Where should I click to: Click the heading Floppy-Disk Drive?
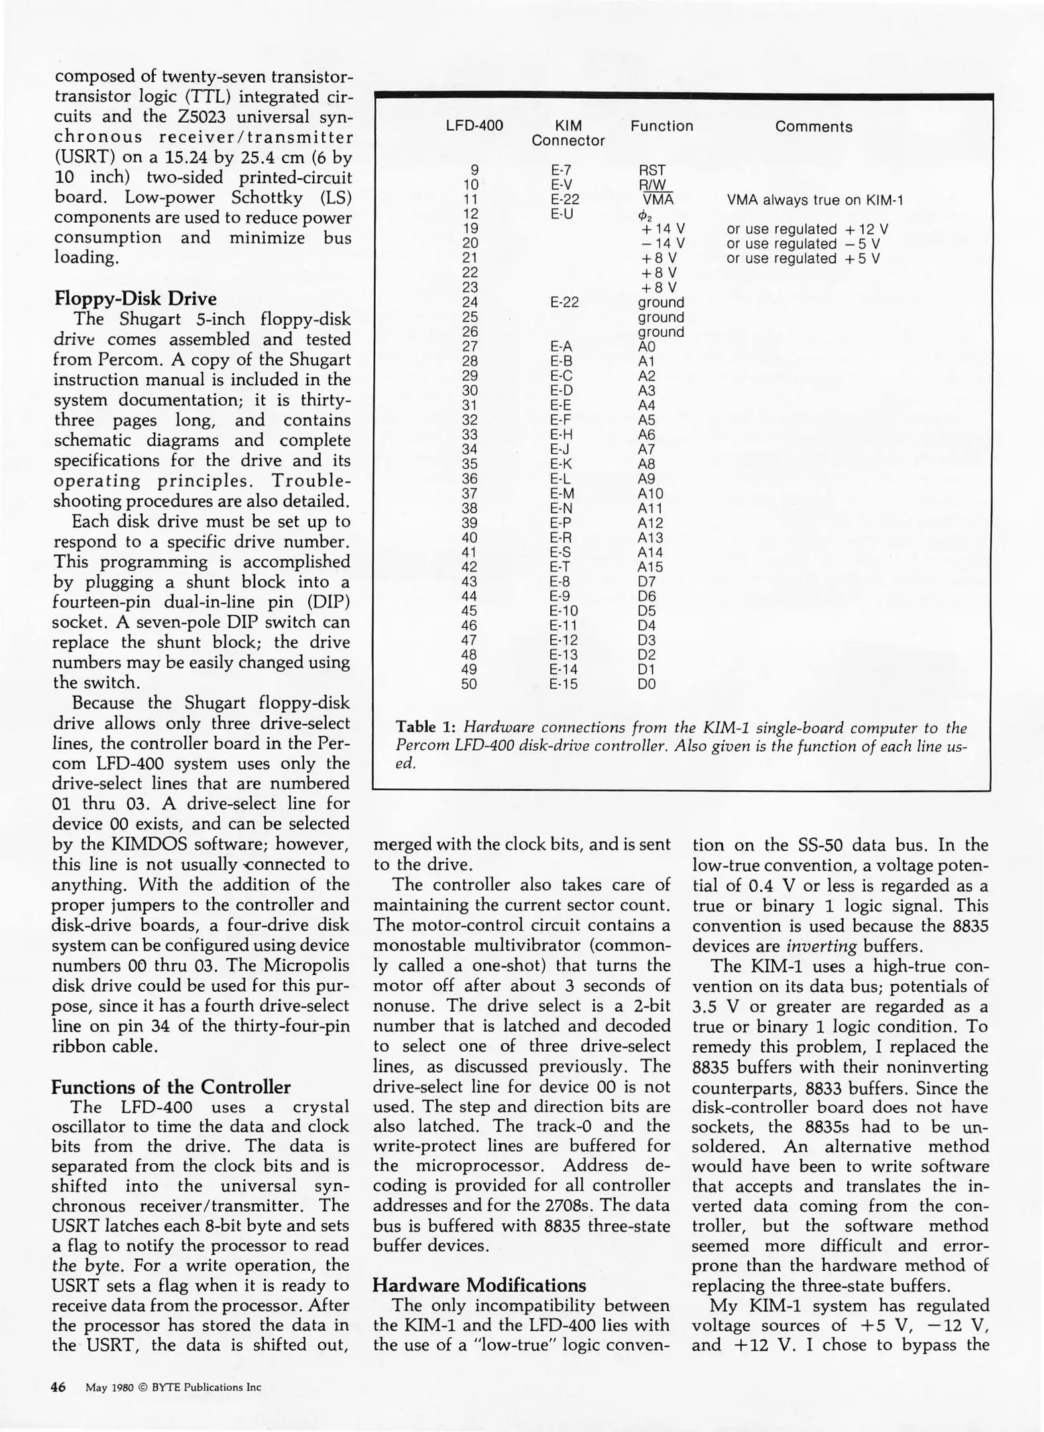coord(135,298)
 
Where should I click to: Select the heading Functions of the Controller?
coord(170,1087)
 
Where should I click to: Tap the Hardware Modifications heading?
coord(479,1285)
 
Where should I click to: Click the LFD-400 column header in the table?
coord(474,126)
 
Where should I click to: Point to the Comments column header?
coord(813,127)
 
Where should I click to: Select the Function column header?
coord(661,126)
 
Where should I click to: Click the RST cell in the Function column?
coord(651,170)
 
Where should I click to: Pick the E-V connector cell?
coord(561,185)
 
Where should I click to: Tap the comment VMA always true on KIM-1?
coord(815,200)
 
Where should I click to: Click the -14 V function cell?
coord(662,244)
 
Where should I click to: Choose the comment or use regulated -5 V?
coord(803,244)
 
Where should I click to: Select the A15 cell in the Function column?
coord(650,567)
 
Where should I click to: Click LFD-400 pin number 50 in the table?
coord(469,684)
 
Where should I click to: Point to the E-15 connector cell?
coord(563,684)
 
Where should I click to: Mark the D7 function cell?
coord(646,581)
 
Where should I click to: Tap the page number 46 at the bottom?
coord(58,1387)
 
